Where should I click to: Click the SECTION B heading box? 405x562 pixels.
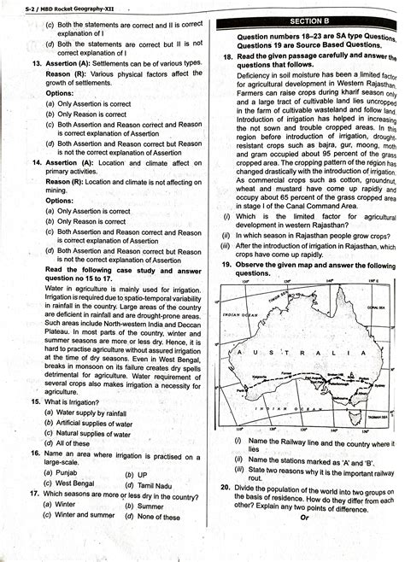(x=304, y=19)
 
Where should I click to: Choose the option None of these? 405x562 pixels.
(x=159, y=516)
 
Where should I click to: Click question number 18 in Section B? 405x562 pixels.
(x=217, y=56)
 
